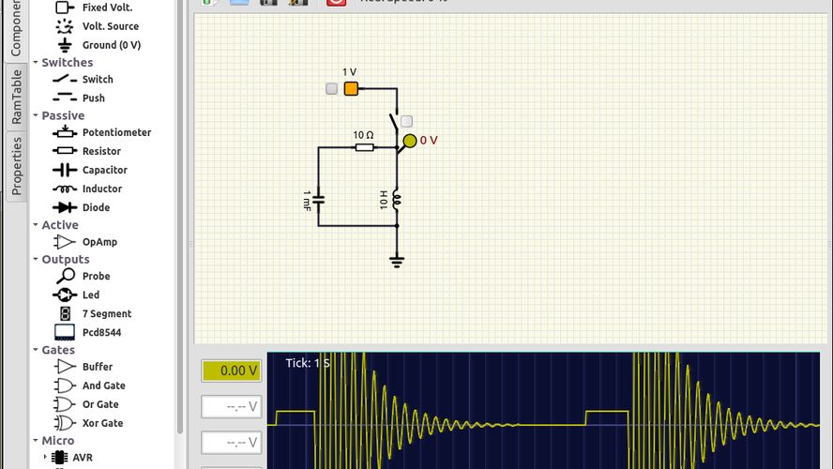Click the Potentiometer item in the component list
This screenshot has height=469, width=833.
tap(115, 132)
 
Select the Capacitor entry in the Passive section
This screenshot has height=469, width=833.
tap(104, 170)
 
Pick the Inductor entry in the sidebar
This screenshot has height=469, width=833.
tap(101, 189)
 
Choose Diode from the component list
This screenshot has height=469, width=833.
tap(96, 207)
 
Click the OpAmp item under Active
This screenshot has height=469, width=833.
tap(99, 242)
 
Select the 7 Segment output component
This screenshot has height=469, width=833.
tap(106, 313)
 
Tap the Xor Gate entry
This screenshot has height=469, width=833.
tap(103, 423)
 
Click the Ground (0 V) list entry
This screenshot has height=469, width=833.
tap(111, 45)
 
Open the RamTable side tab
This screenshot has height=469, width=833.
tap(16, 98)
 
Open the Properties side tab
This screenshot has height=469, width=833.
tap(16, 165)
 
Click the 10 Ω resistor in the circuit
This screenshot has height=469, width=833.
tap(364, 147)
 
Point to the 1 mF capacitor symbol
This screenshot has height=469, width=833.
tap(318, 199)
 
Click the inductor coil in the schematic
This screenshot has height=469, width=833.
tap(397, 199)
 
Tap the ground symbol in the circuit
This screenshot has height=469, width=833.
tap(397, 261)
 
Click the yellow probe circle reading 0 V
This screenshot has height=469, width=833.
tap(409, 141)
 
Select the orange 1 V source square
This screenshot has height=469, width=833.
tap(351, 89)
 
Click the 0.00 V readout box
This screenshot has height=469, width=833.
tap(232, 371)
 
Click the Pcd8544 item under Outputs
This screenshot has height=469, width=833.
tap(101, 332)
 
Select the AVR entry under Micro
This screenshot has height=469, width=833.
tap(83, 458)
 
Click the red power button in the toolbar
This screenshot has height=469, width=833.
tap(336, 2)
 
